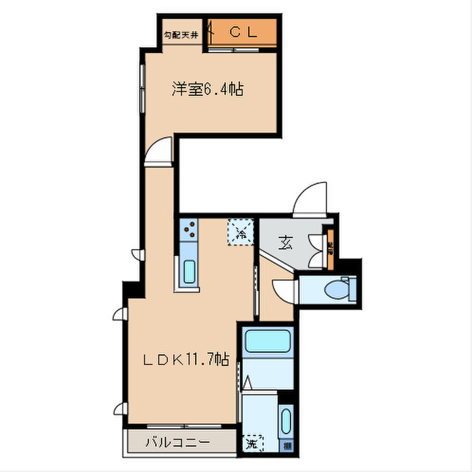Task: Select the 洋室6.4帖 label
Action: pyautogui.click(x=207, y=89)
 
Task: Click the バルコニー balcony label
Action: pyautogui.click(x=179, y=442)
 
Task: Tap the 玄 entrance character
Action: pyautogui.click(x=286, y=242)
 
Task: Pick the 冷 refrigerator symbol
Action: pyautogui.click(x=241, y=233)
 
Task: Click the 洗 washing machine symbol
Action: pyautogui.click(x=252, y=443)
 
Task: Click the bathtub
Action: pyautogui.click(x=267, y=342)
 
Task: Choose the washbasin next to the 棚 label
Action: pyautogui.click(x=287, y=422)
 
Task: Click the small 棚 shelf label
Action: pyautogui.click(x=287, y=446)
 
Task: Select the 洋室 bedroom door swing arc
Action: pyautogui.click(x=160, y=152)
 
